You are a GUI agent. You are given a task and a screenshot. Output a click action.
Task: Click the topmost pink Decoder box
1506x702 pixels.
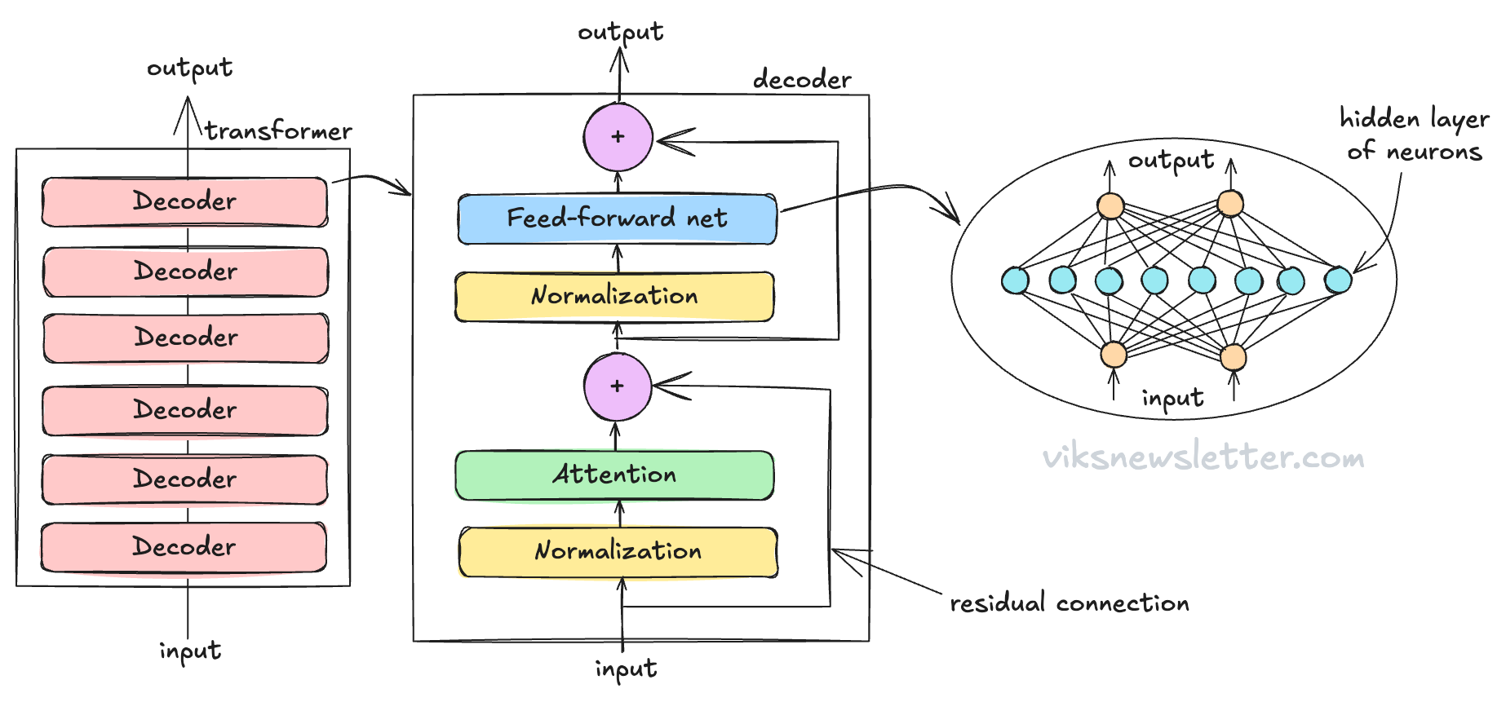click(x=184, y=201)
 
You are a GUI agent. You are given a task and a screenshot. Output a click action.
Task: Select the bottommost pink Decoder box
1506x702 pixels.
click(x=184, y=546)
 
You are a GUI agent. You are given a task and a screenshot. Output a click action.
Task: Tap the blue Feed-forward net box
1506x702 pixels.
click(x=617, y=219)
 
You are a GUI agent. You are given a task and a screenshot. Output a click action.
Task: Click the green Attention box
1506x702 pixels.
click(x=614, y=475)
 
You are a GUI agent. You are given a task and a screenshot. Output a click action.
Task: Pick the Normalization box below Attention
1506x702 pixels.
click(x=618, y=552)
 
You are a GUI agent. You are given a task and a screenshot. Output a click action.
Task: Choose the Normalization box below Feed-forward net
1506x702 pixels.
click(x=614, y=296)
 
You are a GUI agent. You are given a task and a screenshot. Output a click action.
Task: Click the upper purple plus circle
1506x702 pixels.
click(x=618, y=137)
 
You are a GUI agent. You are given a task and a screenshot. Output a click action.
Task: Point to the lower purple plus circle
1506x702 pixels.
click(x=618, y=386)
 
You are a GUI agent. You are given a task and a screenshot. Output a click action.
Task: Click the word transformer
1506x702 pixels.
click(x=278, y=131)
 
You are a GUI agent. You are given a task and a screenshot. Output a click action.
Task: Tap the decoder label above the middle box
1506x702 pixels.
click(x=802, y=80)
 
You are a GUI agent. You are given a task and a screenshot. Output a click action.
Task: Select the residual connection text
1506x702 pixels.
click(x=1069, y=603)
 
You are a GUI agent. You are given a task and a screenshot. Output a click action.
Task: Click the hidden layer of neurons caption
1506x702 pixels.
click(x=1414, y=135)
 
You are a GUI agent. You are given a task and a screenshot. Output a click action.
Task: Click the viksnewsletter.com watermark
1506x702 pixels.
click(x=1203, y=457)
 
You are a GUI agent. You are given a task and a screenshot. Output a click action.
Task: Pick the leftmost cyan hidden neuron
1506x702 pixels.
click(x=1015, y=280)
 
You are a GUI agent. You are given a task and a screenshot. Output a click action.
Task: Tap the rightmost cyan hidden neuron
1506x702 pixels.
click(x=1338, y=280)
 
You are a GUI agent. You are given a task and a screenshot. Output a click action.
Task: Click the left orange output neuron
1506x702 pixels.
click(x=1110, y=205)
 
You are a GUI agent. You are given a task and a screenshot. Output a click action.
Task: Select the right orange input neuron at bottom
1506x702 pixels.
click(x=1233, y=356)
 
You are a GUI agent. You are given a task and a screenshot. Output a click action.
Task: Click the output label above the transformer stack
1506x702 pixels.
click(x=189, y=68)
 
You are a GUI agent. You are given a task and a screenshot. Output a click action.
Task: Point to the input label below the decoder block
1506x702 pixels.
click(x=626, y=669)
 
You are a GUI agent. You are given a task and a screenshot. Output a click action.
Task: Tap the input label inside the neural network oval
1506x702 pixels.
click(x=1172, y=399)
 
